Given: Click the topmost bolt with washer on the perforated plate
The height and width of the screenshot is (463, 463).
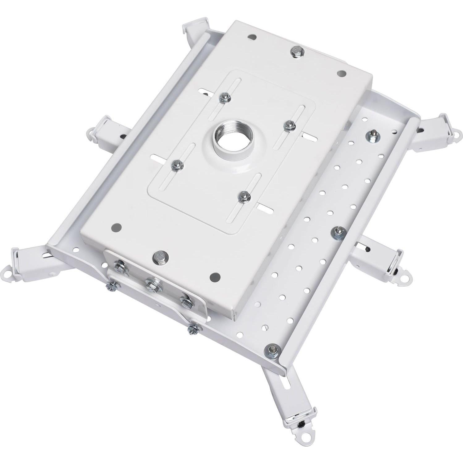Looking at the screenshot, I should click(x=373, y=136).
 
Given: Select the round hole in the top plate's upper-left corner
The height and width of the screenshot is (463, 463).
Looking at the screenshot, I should click(x=252, y=37).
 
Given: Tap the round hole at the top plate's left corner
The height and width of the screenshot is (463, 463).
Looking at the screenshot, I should click(x=117, y=228).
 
